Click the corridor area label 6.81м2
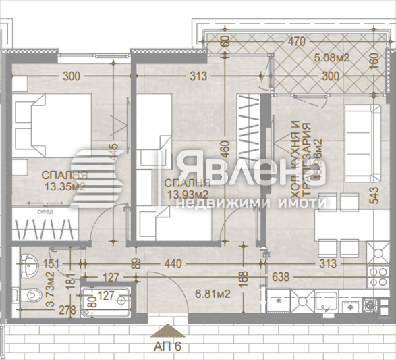tap(213, 294)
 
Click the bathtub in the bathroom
tap(105, 302)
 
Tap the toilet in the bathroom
tap(26, 298)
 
